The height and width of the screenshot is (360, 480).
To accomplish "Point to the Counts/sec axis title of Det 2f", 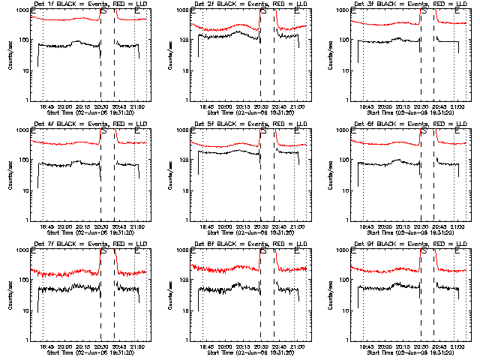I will (170, 55).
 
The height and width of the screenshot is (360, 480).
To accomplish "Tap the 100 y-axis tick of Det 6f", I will (344, 160).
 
